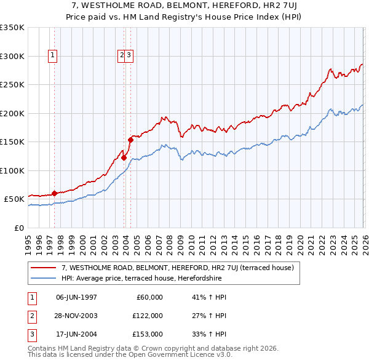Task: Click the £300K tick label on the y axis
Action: tap(12, 56)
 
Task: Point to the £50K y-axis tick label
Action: tap(14, 199)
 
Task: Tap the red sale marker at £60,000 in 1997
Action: tap(54, 193)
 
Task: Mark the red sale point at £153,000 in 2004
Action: tap(130, 140)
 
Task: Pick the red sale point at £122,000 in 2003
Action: tap(124, 158)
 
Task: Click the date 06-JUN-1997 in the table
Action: tap(76, 297)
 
